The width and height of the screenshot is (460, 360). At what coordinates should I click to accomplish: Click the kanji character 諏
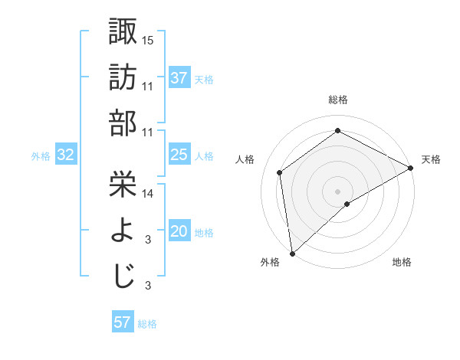pos(123,31)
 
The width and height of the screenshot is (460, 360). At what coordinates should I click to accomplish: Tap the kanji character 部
pos(123,123)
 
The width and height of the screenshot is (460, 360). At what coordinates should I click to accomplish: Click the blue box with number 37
pos(179,77)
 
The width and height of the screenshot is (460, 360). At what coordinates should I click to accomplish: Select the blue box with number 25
pos(179,155)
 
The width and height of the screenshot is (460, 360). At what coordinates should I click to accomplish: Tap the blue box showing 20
pos(179,231)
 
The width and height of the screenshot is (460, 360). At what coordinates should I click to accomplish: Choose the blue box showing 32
pos(66,155)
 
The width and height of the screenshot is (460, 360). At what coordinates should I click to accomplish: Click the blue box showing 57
pos(123,322)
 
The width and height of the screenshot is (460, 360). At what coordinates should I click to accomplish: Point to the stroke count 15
pos(149,39)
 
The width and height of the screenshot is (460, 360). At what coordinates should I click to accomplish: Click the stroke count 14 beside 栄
pos(149,194)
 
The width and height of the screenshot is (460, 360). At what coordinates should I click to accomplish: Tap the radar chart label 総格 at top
pos(338,100)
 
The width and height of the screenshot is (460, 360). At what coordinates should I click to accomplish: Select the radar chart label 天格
pos(431,159)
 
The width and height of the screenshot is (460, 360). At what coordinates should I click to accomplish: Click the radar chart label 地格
pos(402,262)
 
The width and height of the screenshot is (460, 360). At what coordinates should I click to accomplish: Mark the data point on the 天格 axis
pos(411,168)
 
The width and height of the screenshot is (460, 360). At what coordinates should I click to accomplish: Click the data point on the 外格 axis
pos(292,253)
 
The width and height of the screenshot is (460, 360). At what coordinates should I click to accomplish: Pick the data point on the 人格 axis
pos(280,172)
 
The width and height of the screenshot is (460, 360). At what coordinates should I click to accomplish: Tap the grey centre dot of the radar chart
pos(338,190)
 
